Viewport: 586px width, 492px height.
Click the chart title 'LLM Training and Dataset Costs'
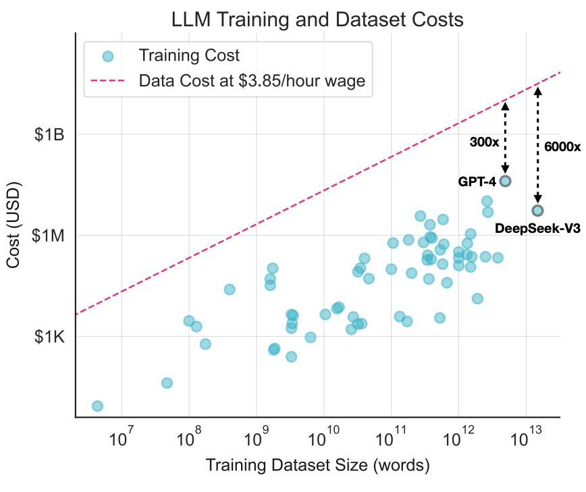click(x=317, y=20)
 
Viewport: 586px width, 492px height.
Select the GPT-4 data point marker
click(x=505, y=181)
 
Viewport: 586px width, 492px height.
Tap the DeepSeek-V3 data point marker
click(x=537, y=211)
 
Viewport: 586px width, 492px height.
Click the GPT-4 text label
click(x=477, y=182)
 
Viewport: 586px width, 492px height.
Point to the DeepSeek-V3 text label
click(x=529, y=228)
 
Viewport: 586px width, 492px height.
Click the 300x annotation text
click(x=484, y=142)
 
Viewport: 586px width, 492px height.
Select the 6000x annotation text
click(x=562, y=146)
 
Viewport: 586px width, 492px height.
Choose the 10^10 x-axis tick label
click(x=322, y=441)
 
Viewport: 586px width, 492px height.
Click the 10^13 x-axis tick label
click(x=524, y=441)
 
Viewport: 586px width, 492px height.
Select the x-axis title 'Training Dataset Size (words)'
click(x=317, y=466)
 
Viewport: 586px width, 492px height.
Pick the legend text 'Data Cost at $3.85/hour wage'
click(x=252, y=81)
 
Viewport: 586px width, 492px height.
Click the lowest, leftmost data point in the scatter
click(x=97, y=406)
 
